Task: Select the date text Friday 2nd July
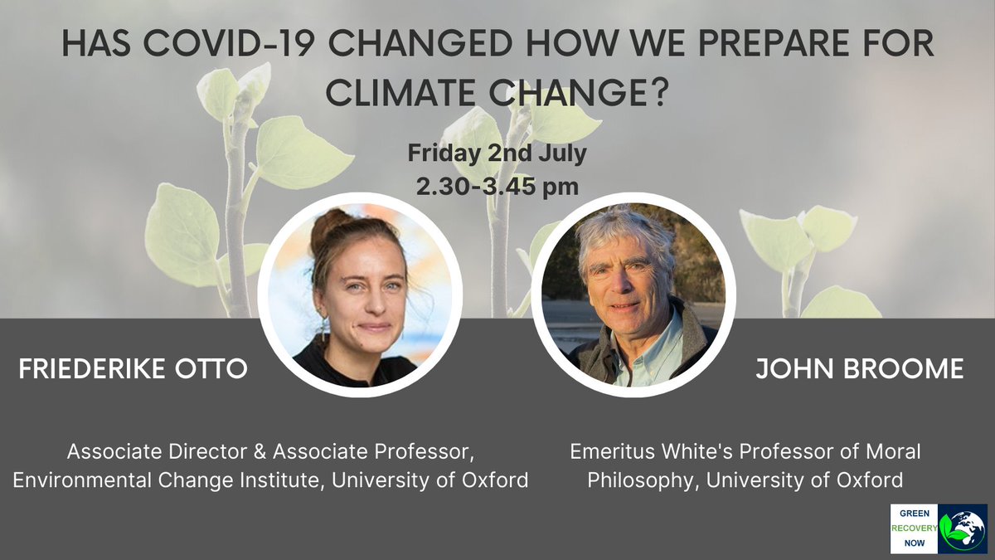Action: (x=498, y=153)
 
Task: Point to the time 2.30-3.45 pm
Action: (x=498, y=186)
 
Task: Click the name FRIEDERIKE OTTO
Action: (x=133, y=369)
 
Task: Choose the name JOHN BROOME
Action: (x=859, y=369)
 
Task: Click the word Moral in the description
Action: (x=892, y=453)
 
